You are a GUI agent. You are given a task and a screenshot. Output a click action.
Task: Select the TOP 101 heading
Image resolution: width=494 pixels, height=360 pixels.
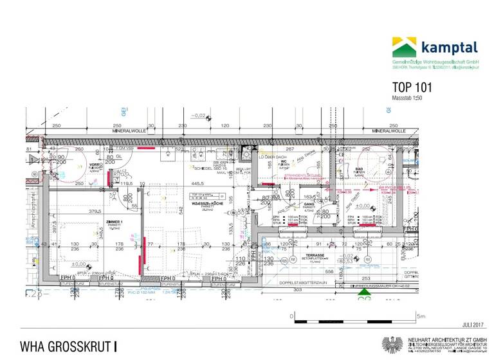(x=412, y=87)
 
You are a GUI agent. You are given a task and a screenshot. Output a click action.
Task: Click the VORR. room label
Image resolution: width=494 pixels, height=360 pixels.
(x=94, y=165)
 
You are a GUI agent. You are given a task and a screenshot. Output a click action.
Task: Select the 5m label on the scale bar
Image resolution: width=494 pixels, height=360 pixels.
(x=421, y=316)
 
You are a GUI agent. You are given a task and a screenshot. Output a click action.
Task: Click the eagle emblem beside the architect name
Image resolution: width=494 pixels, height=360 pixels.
(x=392, y=345)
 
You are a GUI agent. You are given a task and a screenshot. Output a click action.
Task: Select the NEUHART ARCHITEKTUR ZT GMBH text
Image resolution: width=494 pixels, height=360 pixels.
(x=444, y=338)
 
